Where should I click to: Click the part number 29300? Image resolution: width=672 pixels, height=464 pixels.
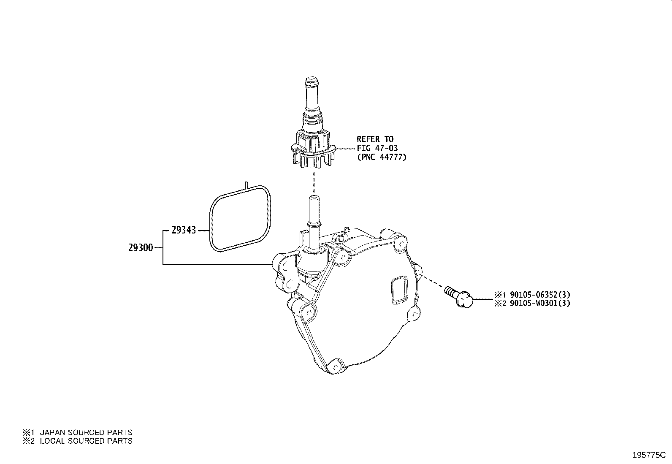point(141,248)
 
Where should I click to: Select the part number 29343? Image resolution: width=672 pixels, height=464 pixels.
point(184,230)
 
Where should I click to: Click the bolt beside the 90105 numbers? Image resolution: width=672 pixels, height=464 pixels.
point(459,296)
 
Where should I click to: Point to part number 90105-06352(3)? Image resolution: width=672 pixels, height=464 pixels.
point(540,295)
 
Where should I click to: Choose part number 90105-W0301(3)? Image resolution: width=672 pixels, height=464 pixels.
point(540,303)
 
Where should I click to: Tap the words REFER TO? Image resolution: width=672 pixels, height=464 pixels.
point(375,139)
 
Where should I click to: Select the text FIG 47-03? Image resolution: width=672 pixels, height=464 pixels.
point(377,148)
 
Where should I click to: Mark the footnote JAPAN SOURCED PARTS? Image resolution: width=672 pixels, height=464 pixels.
point(86,432)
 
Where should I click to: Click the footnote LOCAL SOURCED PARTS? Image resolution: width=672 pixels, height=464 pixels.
point(86,441)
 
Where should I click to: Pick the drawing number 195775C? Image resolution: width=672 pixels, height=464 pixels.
point(649,455)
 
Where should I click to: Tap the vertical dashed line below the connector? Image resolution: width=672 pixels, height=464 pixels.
point(314,182)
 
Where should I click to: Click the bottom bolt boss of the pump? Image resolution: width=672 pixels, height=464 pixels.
point(336,366)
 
